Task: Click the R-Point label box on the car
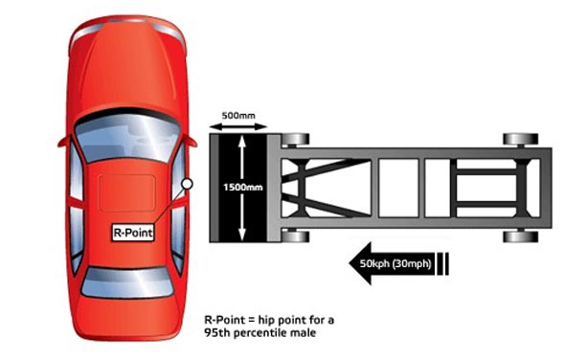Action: click(x=133, y=233)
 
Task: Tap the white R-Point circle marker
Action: click(x=187, y=184)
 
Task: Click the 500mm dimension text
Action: click(x=238, y=116)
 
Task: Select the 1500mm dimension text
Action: click(x=243, y=188)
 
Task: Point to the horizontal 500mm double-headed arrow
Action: click(x=238, y=126)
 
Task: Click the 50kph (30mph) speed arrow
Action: click(x=399, y=263)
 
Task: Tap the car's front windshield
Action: click(x=127, y=138)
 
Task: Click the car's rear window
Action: click(x=127, y=282)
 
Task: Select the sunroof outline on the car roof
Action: click(x=126, y=192)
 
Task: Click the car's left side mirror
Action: click(x=64, y=142)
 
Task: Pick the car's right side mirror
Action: click(x=191, y=141)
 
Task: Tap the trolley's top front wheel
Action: click(x=296, y=139)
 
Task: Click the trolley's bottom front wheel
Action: click(x=296, y=236)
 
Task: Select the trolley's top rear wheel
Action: click(x=521, y=139)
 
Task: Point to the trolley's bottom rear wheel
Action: click(x=521, y=236)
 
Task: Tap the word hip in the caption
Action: click(x=266, y=320)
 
